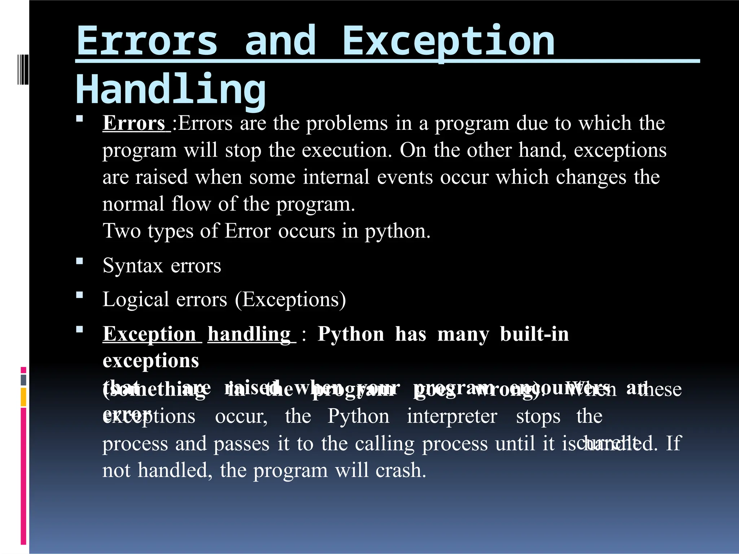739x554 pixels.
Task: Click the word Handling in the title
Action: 171,89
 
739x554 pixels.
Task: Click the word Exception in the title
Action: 448,41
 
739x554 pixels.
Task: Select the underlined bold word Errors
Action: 134,123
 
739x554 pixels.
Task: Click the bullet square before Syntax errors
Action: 80,261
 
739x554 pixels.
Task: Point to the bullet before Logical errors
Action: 80,295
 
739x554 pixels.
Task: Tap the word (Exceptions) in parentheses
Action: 290,300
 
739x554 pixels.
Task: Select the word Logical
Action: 135,300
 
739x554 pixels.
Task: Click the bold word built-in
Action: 534,334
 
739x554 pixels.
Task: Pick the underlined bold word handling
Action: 249,334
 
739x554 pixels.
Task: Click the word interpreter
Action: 452,417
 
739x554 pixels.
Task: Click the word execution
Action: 346,150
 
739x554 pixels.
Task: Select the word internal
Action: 336,177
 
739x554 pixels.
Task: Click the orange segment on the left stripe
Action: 23,397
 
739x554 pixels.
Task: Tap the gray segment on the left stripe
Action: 23,380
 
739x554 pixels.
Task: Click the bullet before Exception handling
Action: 80,329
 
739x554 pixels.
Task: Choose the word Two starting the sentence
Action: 122,231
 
